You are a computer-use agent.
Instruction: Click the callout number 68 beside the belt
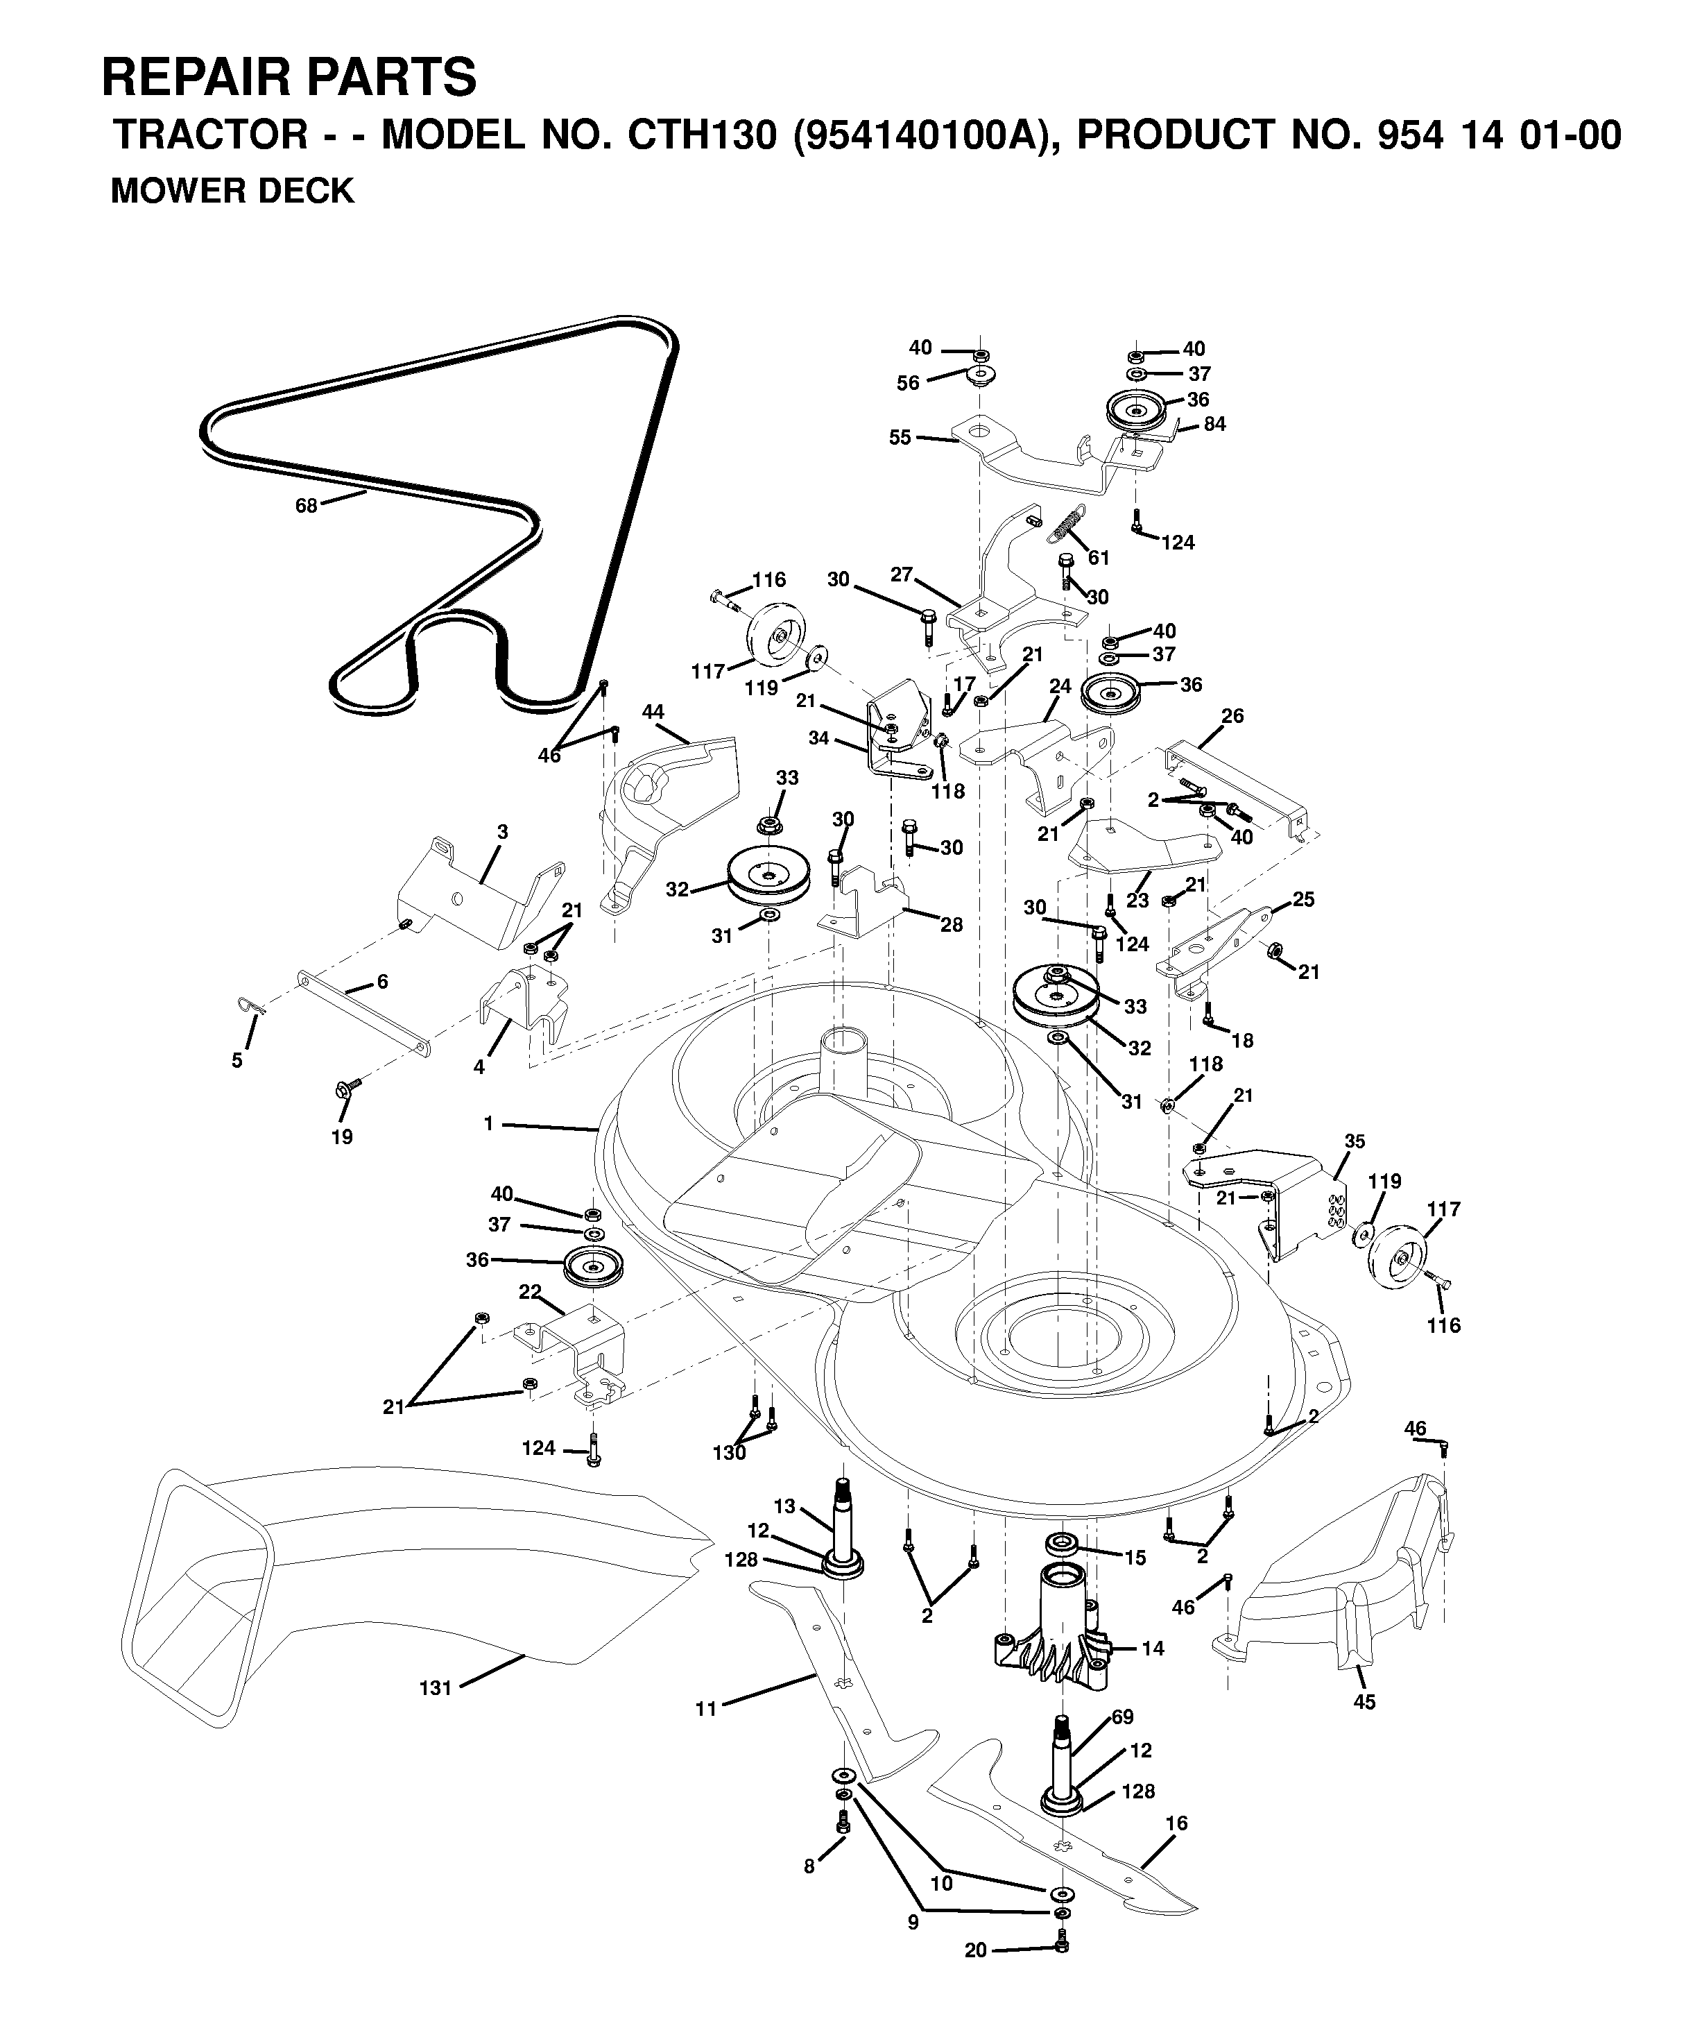[x=307, y=506]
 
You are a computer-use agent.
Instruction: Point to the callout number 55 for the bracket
[x=900, y=438]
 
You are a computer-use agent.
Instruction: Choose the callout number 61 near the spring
[x=1099, y=558]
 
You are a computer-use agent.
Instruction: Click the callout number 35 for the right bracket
[x=1355, y=1141]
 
